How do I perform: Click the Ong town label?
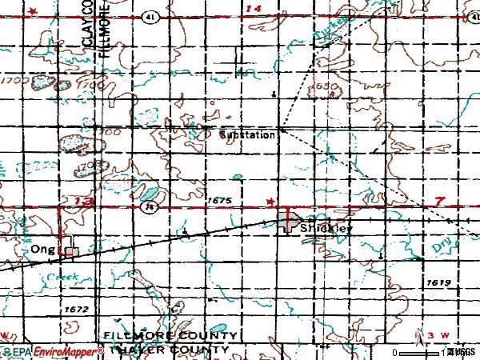(x=42, y=250)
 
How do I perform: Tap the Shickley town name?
(x=327, y=228)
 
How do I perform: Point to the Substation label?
(x=247, y=135)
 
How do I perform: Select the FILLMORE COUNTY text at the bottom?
(x=170, y=335)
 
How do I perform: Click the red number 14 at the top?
(x=254, y=8)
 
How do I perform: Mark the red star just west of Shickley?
(x=271, y=201)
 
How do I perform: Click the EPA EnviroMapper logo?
(x=52, y=351)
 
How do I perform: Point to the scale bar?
(x=420, y=352)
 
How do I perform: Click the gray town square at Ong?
(x=71, y=251)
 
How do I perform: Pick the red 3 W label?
(x=439, y=334)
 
